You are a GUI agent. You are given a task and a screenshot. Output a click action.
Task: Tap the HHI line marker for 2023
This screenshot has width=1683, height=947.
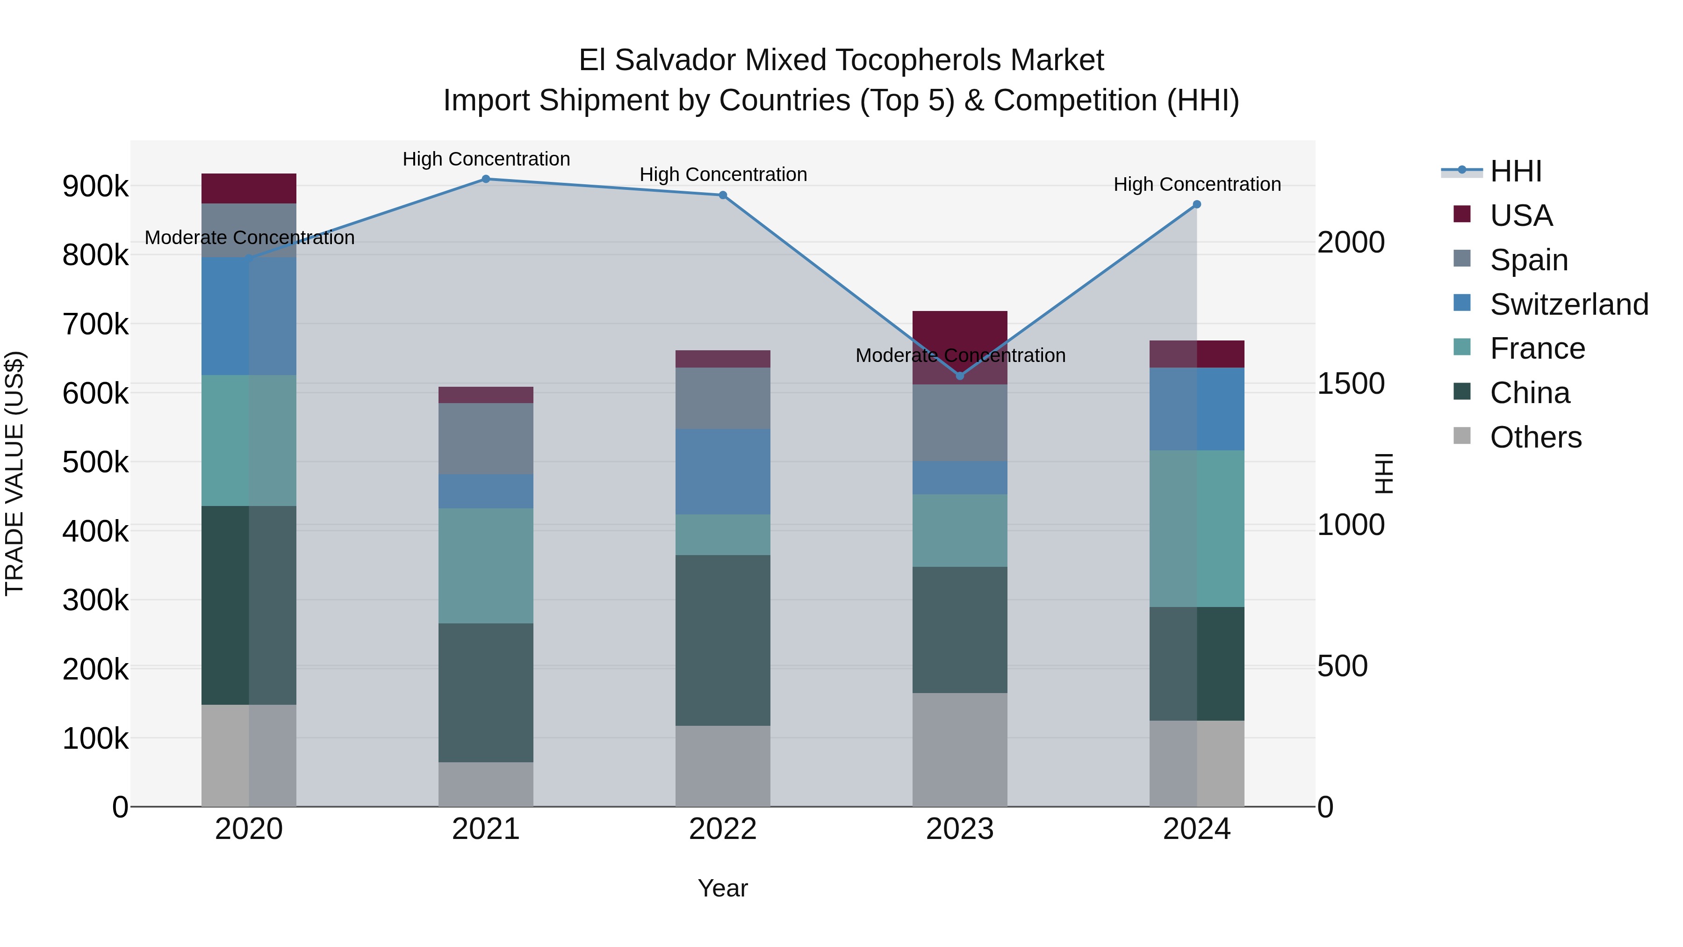click(960, 376)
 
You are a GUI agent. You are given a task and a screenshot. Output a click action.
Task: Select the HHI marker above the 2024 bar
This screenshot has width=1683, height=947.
click(1196, 204)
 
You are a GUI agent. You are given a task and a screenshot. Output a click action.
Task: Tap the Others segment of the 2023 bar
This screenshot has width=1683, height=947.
click(960, 749)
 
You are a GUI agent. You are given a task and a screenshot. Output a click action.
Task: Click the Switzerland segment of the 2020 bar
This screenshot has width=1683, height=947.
click(248, 316)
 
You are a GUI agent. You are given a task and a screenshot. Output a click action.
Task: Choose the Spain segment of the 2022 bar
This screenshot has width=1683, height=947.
click(723, 398)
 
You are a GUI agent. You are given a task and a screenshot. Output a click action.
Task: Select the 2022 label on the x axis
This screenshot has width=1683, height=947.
click(723, 829)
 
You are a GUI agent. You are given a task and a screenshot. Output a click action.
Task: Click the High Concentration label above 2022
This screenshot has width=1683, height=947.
click(723, 174)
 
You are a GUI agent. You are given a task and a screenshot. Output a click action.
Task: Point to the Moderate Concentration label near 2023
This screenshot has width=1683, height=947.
click(960, 355)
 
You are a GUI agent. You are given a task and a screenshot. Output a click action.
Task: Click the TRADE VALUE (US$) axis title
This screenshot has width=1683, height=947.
click(14, 473)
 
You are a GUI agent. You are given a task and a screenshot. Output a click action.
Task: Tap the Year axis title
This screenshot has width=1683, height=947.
click(723, 888)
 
